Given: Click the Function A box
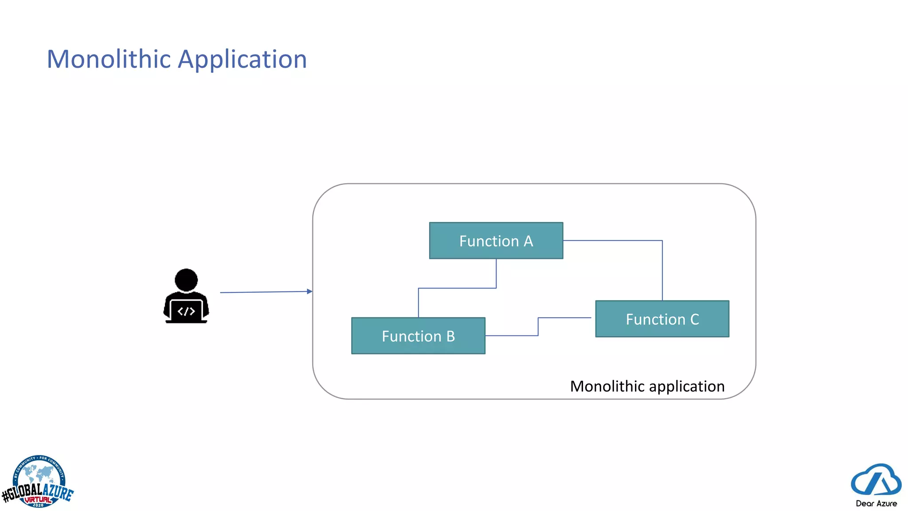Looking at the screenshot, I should click(x=496, y=240).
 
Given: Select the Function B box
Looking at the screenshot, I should click(x=418, y=336).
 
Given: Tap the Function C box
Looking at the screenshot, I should click(x=661, y=319).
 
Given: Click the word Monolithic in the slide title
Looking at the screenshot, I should click(x=109, y=59).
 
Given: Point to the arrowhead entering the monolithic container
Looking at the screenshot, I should click(x=310, y=291).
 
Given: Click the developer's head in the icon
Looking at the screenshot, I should click(x=186, y=279).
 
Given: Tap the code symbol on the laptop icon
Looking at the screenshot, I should click(x=186, y=311).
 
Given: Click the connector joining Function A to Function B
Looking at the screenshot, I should click(x=457, y=288).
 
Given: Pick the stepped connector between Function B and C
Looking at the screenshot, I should click(x=538, y=327).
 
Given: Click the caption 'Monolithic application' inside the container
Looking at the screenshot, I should click(x=647, y=386).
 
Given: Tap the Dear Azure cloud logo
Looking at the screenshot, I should click(x=876, y=480).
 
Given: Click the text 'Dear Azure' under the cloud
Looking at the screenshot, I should click(x=876, y=503).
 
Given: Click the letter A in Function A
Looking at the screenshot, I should click(x=528, y=241).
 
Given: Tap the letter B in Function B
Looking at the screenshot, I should click(x=450, y=336).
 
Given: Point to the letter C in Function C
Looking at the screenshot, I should click(x=694, y=319).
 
